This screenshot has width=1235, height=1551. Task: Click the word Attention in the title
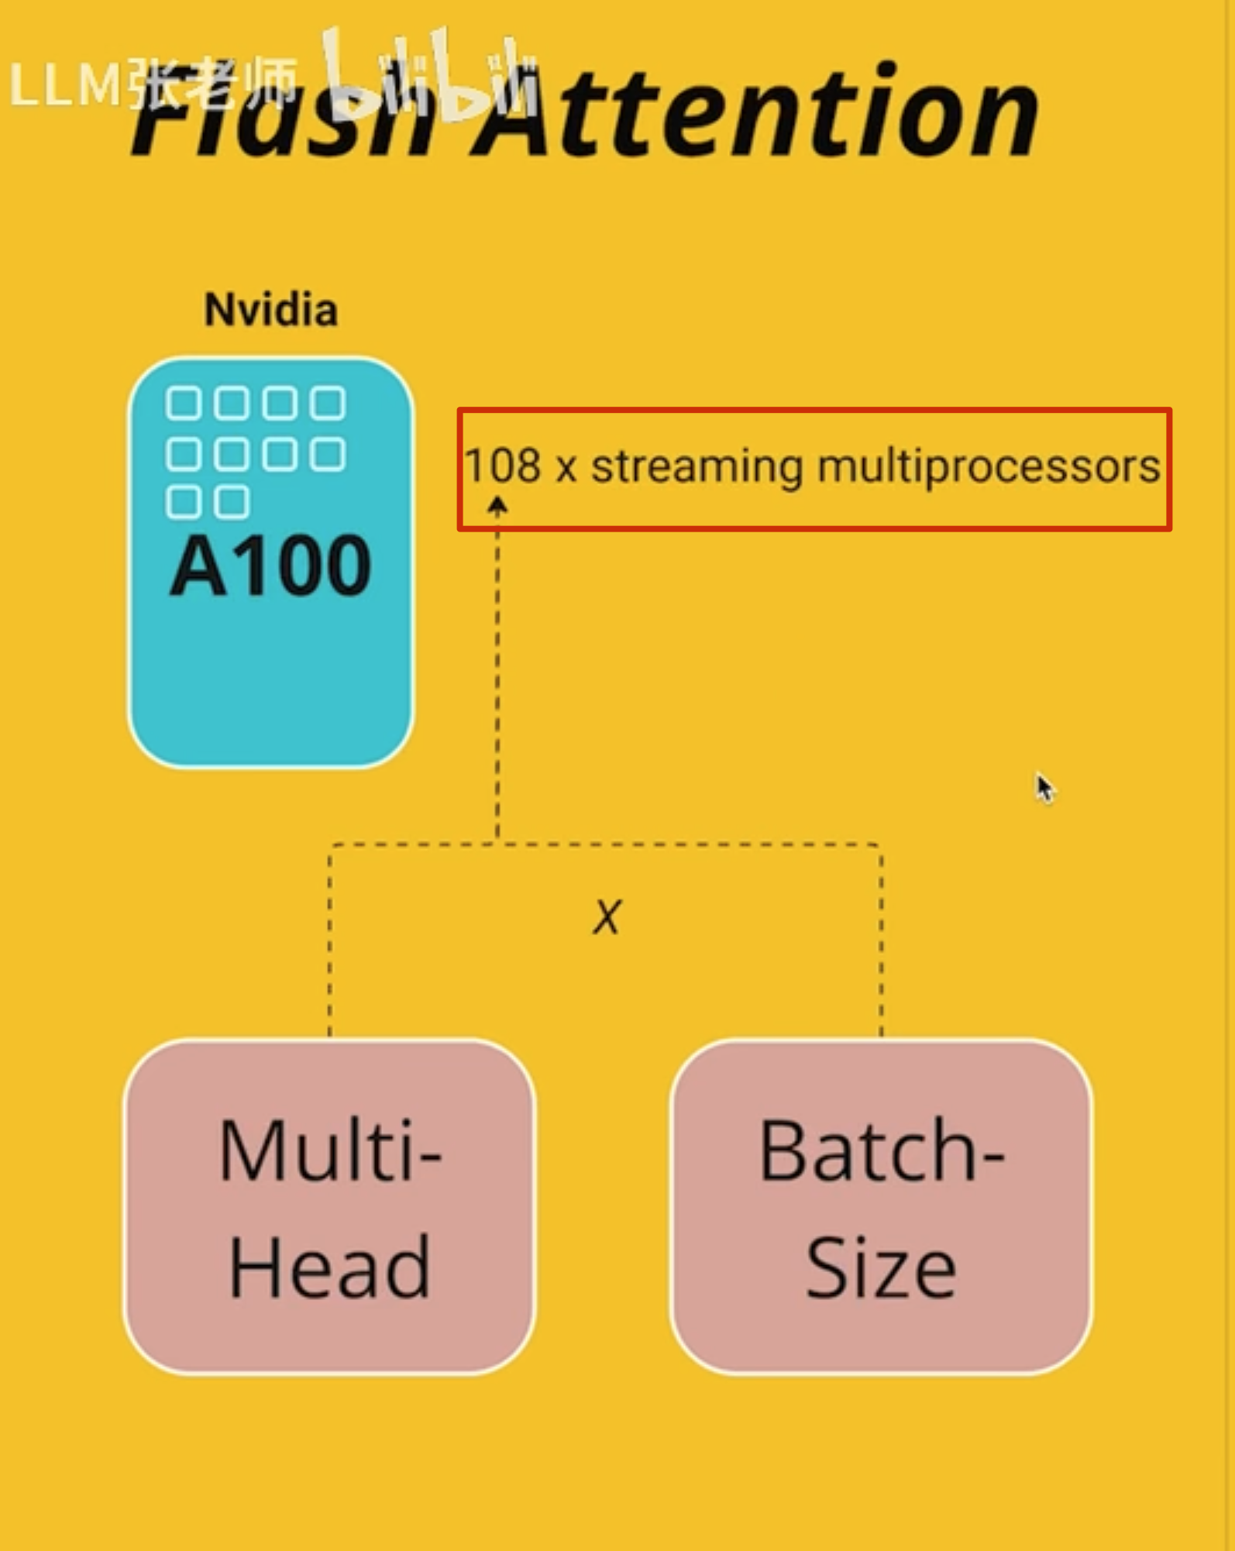(x=755, y=112)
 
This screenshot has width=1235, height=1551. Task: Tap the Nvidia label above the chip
(x=270, y=310)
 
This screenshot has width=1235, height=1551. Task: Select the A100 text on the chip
(x=270, y=566)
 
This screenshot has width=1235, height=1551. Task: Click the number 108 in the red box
(x=502, y=466)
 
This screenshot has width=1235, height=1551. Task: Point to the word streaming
(x=697, y=467)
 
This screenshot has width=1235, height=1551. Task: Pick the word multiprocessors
(x=988, y=467)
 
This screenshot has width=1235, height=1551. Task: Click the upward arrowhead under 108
(x=497, y=506)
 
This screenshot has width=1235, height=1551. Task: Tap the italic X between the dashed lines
(x=607, y=916)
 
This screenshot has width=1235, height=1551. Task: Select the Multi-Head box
(x=329, y=1206)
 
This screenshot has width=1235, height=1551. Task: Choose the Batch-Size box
(x=881, y=1206)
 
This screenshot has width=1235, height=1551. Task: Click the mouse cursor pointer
(x=1045, y=788)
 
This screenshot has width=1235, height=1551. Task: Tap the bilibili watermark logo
(x=430, y=77)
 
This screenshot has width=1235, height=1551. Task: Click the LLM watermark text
(x=66, y=84)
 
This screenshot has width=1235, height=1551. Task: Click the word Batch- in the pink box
(x=881, y=1152)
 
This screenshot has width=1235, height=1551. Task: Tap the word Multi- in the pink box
(x=329, y=1152)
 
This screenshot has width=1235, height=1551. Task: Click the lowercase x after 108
(x=566, y=467)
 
